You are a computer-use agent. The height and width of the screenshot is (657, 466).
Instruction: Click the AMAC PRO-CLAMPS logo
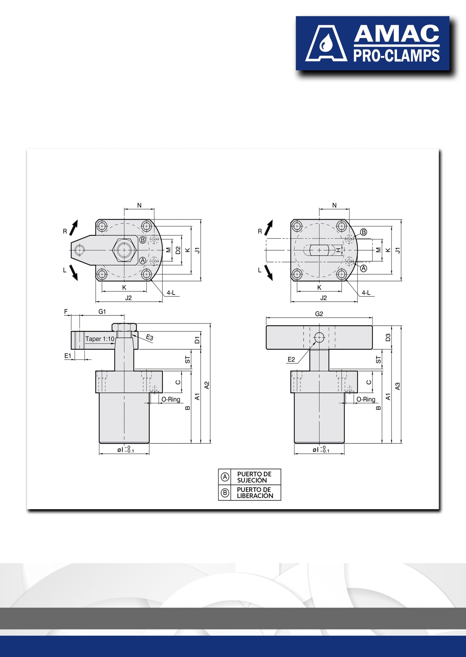click(372, 43)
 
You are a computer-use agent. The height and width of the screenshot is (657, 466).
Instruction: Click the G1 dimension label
click(102, 312)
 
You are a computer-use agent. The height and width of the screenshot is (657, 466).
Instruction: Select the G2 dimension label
click(319, 314)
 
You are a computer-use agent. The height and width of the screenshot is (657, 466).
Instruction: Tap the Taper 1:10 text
click(100, 339)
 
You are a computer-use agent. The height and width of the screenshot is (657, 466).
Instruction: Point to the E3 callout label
click(150, 337)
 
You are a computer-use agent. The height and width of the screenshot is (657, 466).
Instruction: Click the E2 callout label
click(291, 360)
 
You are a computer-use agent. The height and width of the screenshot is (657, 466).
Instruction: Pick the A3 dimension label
click(398, 386)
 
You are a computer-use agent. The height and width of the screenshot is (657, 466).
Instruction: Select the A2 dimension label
click(207, 385)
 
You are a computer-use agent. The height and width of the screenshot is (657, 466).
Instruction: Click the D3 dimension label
click(388, 337)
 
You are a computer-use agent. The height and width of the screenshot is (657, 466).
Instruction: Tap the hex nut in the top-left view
click(124, 250)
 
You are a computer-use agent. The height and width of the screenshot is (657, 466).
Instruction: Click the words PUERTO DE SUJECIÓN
click(254, 477)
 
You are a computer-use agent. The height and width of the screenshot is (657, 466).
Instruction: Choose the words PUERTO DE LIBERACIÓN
click(255, 492)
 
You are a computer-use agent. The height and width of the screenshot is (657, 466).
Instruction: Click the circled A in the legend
click(225, 477)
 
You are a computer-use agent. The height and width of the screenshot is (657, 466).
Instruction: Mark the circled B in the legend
click(225, 493)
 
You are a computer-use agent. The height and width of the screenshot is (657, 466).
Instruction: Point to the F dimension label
click(66, 312)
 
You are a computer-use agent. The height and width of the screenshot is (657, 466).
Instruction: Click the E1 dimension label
click(68, 356)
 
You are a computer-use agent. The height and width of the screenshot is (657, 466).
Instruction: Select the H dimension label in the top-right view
click(339, 250)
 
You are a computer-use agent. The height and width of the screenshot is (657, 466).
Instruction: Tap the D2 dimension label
click(178, 250)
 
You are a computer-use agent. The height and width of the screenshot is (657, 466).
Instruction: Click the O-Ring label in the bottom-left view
click(171, 399)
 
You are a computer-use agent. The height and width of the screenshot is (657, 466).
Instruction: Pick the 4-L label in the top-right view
click(366, 293)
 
